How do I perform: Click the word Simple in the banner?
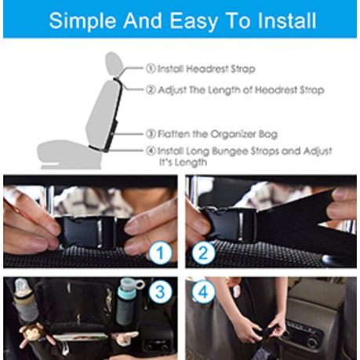pyautogui.click(x=82, y=21)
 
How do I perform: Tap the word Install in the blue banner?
pyautogui.click(x=287, y=20)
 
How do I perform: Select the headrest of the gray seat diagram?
pyautogui.click(x=115, y=64)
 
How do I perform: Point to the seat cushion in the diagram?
pyautogui.click(x=68, y=155)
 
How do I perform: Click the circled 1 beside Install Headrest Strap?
pyautogui.click(x=151, y=68)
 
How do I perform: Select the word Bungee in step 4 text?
pyautogui.click(x=230, y=151)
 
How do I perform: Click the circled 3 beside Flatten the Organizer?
pyautogui.click(x=151, y=134)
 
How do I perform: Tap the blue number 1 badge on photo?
pyautogui.click(x=160, y=253)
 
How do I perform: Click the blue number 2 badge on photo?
pyautogui.click(x=203, y=253)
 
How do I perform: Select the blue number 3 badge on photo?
pyautogui.click(x=160, y=291)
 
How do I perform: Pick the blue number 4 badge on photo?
pyautogui.click(x=203, y=291)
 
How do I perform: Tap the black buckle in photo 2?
pyautogui.click(x=230, y=224)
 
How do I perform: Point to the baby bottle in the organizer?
pyautogui.click(x=25, y=300)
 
